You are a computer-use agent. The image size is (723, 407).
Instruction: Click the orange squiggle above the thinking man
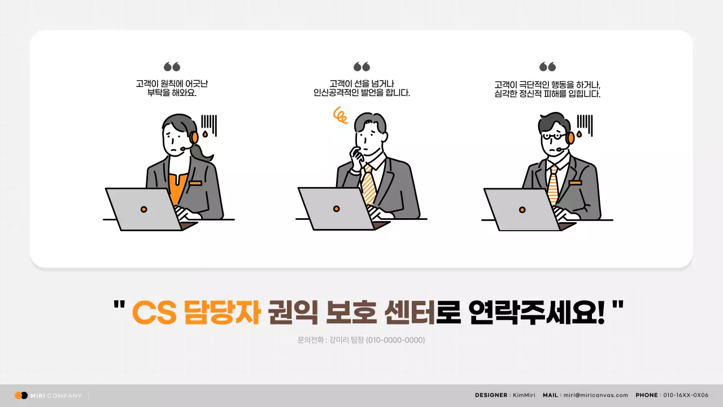point(340,115)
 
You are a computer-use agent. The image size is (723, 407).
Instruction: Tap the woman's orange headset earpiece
point(194,137)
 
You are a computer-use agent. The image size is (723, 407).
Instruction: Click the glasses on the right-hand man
point(553,136)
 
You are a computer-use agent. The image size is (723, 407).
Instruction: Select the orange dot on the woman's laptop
point(144,210)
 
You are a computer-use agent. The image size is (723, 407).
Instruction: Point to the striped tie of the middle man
point(369,184)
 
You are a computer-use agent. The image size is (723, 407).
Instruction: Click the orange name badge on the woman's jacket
point(195,183)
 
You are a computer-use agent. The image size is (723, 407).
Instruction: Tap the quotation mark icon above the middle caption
point(361,67)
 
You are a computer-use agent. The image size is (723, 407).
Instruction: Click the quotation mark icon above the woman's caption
point(172,67)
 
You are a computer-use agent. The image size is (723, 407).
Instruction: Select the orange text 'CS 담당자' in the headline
point(195,313)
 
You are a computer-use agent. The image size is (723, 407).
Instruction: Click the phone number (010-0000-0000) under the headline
point(395,340)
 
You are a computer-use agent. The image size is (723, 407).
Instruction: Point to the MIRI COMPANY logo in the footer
point(49,395)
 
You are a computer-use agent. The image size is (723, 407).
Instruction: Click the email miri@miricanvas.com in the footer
point(595,395)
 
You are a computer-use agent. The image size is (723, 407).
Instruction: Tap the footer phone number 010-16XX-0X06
point(685,395)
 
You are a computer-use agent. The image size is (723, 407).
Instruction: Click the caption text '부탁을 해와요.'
point(172,93)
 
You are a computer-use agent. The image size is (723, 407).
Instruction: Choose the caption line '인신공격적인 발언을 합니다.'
point(361,93)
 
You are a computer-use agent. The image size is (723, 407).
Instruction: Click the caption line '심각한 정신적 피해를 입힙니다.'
point(547,94)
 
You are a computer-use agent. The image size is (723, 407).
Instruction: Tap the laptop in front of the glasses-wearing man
point(522,209)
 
